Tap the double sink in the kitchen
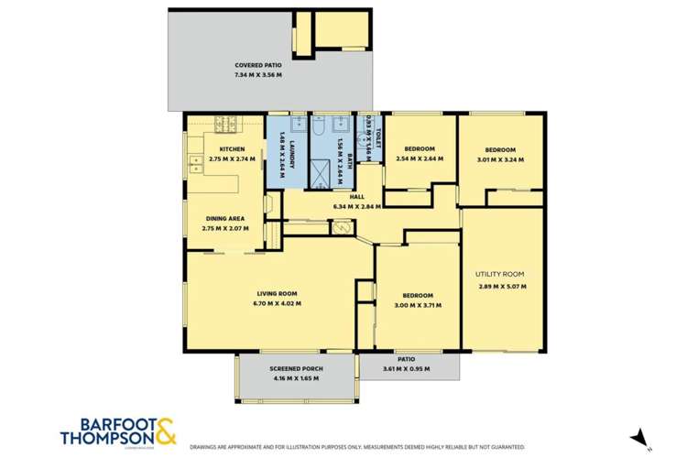[x=195, y=164]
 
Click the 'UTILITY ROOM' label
[x=499, y=274]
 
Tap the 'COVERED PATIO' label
[x=257, y=66]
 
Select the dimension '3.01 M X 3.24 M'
[x=500, y=159]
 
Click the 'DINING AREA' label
[x=224, y=218]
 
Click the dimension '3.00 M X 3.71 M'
[x=416, y=305]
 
